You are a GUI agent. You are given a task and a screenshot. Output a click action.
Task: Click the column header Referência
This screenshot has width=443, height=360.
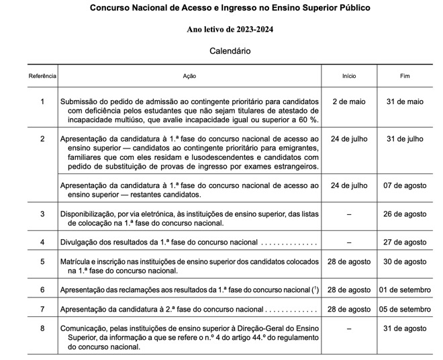[42, 77]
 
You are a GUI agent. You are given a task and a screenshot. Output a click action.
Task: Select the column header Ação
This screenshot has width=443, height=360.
[189, 77]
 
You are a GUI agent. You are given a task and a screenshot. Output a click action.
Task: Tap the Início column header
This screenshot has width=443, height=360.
[349, 77]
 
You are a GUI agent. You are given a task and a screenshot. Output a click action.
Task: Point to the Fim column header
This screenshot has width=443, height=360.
[405, 77]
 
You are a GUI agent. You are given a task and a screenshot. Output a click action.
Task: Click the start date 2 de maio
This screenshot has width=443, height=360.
[349, 101]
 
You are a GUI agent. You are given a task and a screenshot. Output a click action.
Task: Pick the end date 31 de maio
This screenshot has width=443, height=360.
[405, 101]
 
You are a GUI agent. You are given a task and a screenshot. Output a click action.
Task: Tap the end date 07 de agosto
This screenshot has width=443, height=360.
[405, 185]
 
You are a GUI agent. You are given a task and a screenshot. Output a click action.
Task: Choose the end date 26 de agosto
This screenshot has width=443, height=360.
[405, 214]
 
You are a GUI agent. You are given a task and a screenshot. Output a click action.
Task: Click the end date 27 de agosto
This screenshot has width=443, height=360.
[405, 242]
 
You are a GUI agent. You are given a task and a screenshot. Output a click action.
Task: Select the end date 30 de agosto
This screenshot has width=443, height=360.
[405, 261]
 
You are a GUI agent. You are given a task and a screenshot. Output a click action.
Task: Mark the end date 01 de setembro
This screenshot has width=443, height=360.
[405, 289]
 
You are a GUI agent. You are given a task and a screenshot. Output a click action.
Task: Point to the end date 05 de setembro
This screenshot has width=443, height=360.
[405, 309]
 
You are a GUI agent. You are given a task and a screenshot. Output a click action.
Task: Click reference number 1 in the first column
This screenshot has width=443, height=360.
[42, 101]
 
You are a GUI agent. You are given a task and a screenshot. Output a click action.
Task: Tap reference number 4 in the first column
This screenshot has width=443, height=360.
[42, 242]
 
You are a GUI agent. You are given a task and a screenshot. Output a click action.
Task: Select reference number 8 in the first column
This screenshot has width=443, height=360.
[42, 328]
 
